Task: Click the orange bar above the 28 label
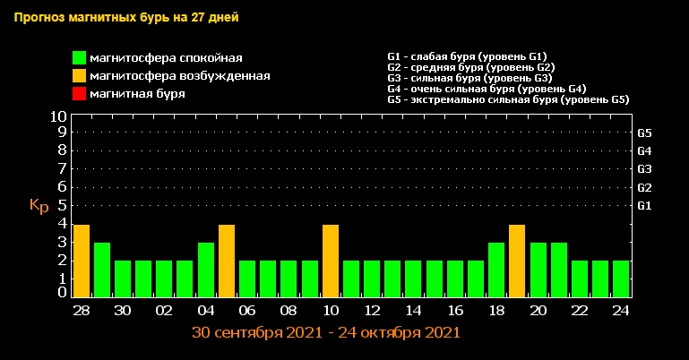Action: click(81, 261)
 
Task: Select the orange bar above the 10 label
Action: click(330, 261)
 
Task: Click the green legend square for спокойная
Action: click(80, 58)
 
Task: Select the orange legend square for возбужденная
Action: click(80, 76)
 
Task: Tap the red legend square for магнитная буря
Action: click(80, 94)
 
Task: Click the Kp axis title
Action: click(39, 206)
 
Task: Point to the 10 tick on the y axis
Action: click(58, 116)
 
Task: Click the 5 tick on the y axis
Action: click(63, 205)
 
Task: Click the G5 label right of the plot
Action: click(644, 133)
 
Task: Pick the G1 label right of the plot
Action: click(644, 206)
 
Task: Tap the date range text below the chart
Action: click(326, 332)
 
